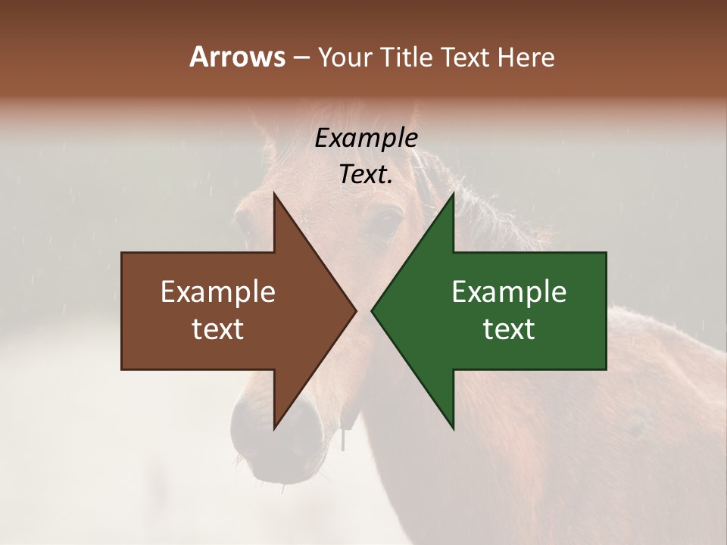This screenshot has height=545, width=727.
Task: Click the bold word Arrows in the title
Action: point(237,57)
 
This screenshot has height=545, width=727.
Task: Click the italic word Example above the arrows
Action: point(367,139)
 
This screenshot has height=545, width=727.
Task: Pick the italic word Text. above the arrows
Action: point(367,174)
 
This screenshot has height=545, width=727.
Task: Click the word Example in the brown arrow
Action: point(218,292)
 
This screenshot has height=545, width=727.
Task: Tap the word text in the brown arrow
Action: point(218,329)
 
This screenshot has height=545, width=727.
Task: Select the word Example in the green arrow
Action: point(509,292)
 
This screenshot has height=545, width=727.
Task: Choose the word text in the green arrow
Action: point(509,329)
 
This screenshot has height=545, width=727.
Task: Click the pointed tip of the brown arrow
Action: point(356,310)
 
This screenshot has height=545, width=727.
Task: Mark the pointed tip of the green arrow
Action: point(372,310)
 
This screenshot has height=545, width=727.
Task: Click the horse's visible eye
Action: point(388,223)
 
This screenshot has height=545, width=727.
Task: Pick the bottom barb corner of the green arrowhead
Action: point(454,429)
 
